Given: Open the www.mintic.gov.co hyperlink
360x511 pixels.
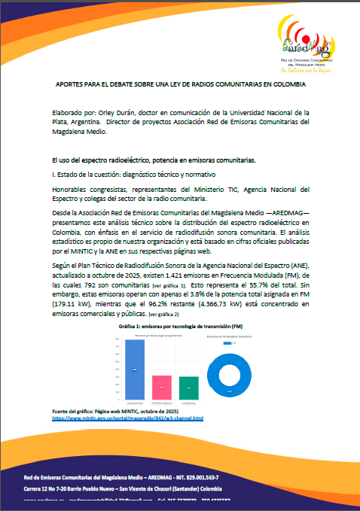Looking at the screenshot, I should point(127,417).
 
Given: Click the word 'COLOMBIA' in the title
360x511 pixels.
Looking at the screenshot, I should point(289,85).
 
